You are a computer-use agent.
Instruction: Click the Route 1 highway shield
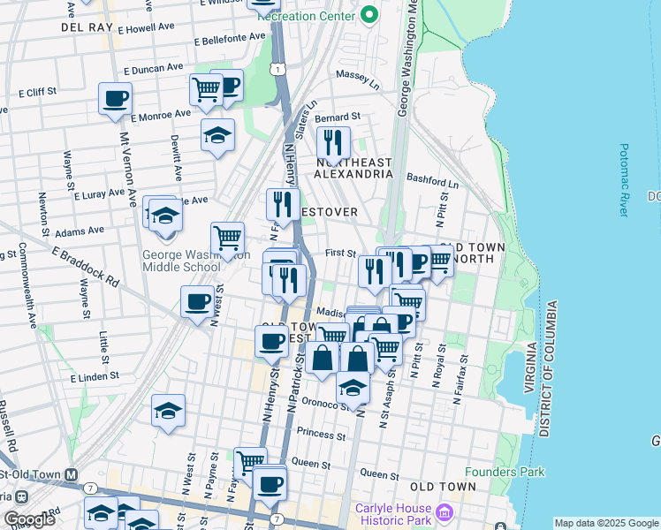pyautogui.click(x=279, y=69)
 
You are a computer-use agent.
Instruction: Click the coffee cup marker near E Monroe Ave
pyautogui.click(x=115, y=98)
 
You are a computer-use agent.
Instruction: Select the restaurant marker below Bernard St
pyautogui.click(x=333, y=141)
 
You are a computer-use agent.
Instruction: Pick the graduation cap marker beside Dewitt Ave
pyautogui.click(x=217, y=135)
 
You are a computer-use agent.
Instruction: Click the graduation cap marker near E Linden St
pyautogui.click(x=168, y=410)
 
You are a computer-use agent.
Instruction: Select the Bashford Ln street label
pyautogui.click(x=439, y=180)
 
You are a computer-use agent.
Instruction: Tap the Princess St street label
pyautogui.click(x=321, y=434)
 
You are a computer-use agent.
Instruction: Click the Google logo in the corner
pyautogui.click(x=29, y=519)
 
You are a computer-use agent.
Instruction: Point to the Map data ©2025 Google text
pyautogui.click(x=605, y=523)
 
